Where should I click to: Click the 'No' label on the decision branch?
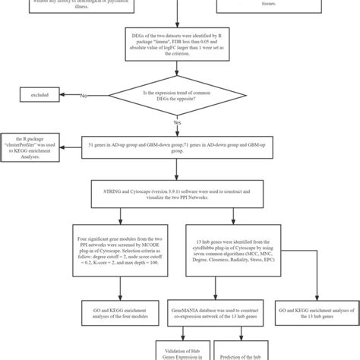click(x=84, y=96)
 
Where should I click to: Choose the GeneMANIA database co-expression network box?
click(x=210, y=309)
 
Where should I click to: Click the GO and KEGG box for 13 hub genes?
click(x=316, y=309)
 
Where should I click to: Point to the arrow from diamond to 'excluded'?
click(x=76, y=96)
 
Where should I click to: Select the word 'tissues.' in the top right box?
click(x=280, y=3)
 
